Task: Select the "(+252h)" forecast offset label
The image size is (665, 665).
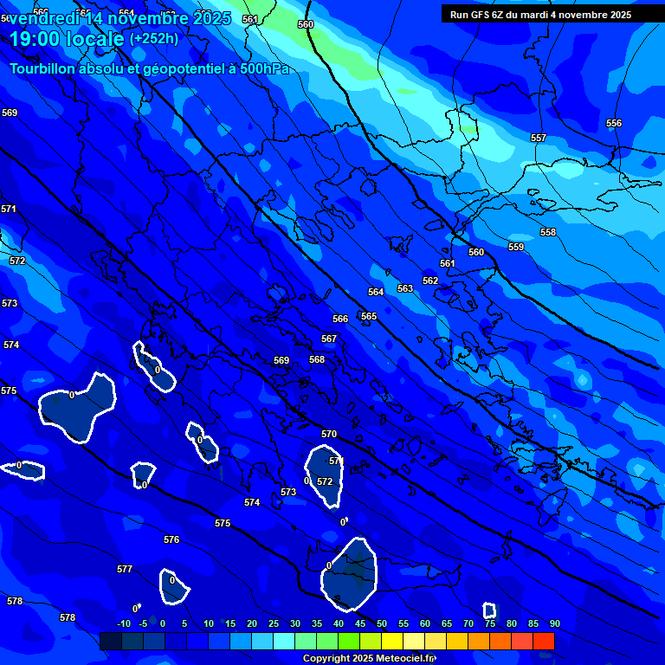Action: (154, 39)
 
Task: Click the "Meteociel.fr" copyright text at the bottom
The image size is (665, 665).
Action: (406, 658)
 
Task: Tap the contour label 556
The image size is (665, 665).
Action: (614, 124)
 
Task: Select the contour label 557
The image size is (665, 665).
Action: (539, 139)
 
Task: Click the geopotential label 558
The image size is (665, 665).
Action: (548, 233)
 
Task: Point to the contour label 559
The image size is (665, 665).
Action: (516, 248)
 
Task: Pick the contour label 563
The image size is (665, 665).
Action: (405, 288)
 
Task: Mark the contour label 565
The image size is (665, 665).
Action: (369, 317)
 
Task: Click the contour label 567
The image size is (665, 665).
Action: (329, 339)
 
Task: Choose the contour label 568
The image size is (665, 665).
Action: (317, 360)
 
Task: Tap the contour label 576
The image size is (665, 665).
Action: (171, 540)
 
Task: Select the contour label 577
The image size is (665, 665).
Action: (125, 570)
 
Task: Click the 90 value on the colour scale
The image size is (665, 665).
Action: (554, 624)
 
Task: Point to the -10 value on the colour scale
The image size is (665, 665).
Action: (124, 624)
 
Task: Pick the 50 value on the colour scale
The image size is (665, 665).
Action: (382, 624)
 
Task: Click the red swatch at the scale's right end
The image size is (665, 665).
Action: (543, 641)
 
